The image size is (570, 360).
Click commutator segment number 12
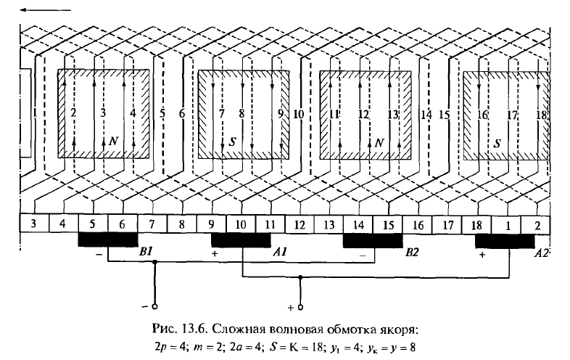tap(299, 224)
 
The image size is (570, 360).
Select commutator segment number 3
tap(34, 224)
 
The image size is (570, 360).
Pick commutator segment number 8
tap(181, 224)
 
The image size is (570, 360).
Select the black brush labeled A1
tap(240, 240)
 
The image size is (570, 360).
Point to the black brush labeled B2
tap(373, 240)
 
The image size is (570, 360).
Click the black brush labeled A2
tap(505, 240)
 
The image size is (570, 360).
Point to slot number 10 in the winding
tap(297, 114)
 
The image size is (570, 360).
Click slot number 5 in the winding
tap(162, 114)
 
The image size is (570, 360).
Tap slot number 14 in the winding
tap(426, 114)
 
